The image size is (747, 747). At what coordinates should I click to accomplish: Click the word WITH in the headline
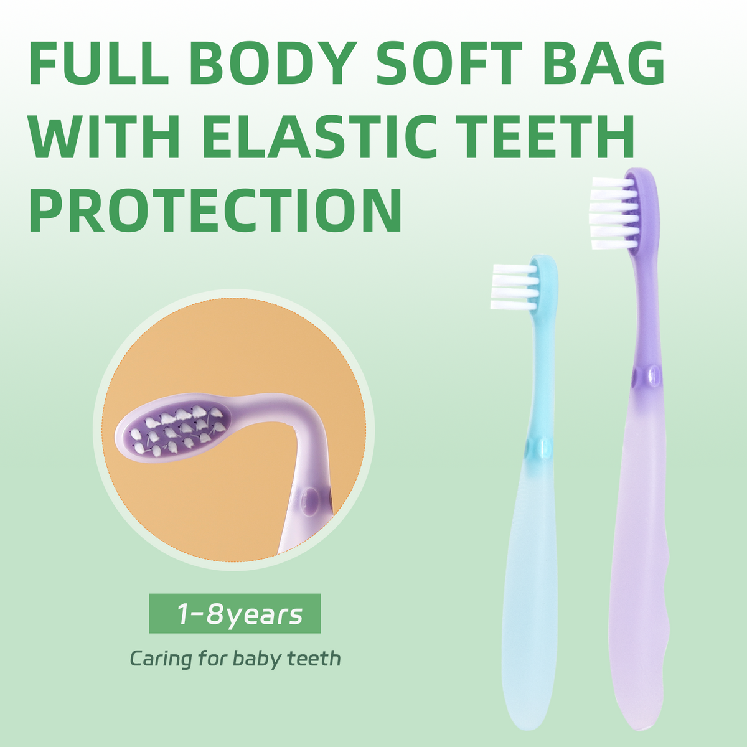(x=105, y=136)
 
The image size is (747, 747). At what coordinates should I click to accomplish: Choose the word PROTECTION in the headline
(x=215, y=210)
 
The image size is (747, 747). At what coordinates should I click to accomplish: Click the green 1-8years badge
(x=235, y=614)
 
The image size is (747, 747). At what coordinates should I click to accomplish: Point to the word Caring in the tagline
(x=161, y=659)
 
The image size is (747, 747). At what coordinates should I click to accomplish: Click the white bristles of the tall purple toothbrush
(x=614, y=213)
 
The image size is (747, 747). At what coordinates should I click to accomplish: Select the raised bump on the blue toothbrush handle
(x=545, y=448)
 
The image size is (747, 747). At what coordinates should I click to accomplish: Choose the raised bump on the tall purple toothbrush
(x=654, y=375)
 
